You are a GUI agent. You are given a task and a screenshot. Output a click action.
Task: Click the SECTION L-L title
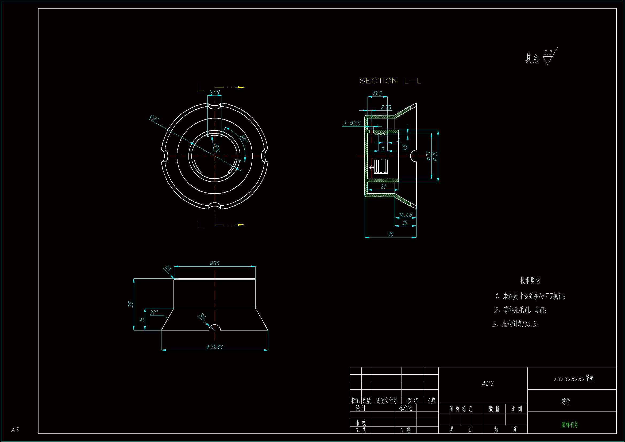point(390,81)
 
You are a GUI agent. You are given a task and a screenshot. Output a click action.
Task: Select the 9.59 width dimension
point(214,92)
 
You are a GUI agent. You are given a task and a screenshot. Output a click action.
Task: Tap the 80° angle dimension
point(244,139)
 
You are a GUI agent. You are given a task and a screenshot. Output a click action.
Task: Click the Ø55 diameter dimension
point(214,263)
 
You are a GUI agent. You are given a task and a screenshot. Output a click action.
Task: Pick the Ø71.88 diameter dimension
point(214,347)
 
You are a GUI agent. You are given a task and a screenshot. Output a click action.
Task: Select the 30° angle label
point(154,312)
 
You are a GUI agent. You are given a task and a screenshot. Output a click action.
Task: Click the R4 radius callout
point(202,316)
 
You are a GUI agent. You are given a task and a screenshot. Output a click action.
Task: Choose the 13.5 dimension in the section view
point(377,93)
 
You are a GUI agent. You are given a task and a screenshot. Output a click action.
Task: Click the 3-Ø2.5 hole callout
point(352,123)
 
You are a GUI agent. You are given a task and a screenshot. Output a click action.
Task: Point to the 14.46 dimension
point(405,215)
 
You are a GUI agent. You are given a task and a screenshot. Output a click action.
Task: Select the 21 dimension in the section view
point(383,187)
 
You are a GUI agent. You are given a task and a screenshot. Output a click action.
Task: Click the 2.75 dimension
point(386,107)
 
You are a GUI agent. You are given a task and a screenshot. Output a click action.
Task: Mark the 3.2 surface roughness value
point(548,52)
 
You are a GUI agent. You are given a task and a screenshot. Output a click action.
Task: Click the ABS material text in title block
point(488,383)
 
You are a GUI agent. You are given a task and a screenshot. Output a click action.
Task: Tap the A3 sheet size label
point(15,430)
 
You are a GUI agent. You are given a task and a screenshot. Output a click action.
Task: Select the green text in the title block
point(570,424)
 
